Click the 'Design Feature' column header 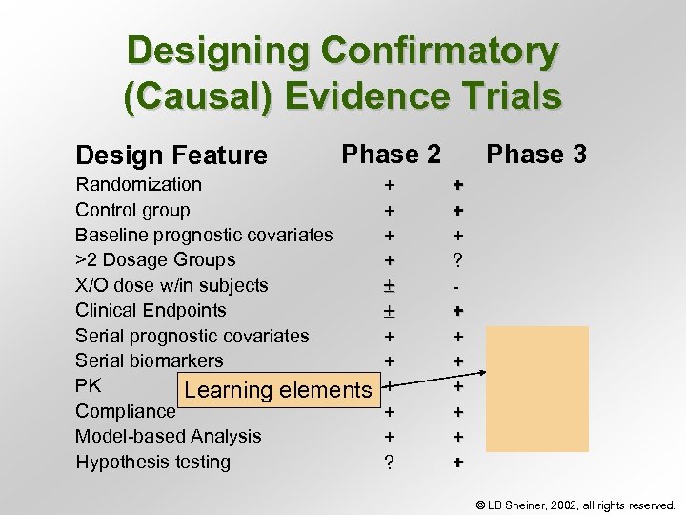pos(171,154)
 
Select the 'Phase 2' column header pos(391,154)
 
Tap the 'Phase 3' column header pos(536,154)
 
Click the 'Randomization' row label pos(139,184)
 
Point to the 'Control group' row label pos(132,210)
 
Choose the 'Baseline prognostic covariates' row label pos(204,235)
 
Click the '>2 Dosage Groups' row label pos(155,259)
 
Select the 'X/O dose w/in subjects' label pos(171,285)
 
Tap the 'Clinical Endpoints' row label pos(151,310)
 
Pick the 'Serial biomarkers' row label pos(150,360)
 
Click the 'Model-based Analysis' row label pos(168,436)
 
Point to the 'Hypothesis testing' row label pos(152,462)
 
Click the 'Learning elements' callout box pos(277,389)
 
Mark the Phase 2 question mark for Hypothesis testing pos(388,463)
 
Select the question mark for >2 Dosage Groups pos(457,260)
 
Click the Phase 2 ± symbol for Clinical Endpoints pos(388,311)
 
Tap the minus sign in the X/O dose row pos(457,285)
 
